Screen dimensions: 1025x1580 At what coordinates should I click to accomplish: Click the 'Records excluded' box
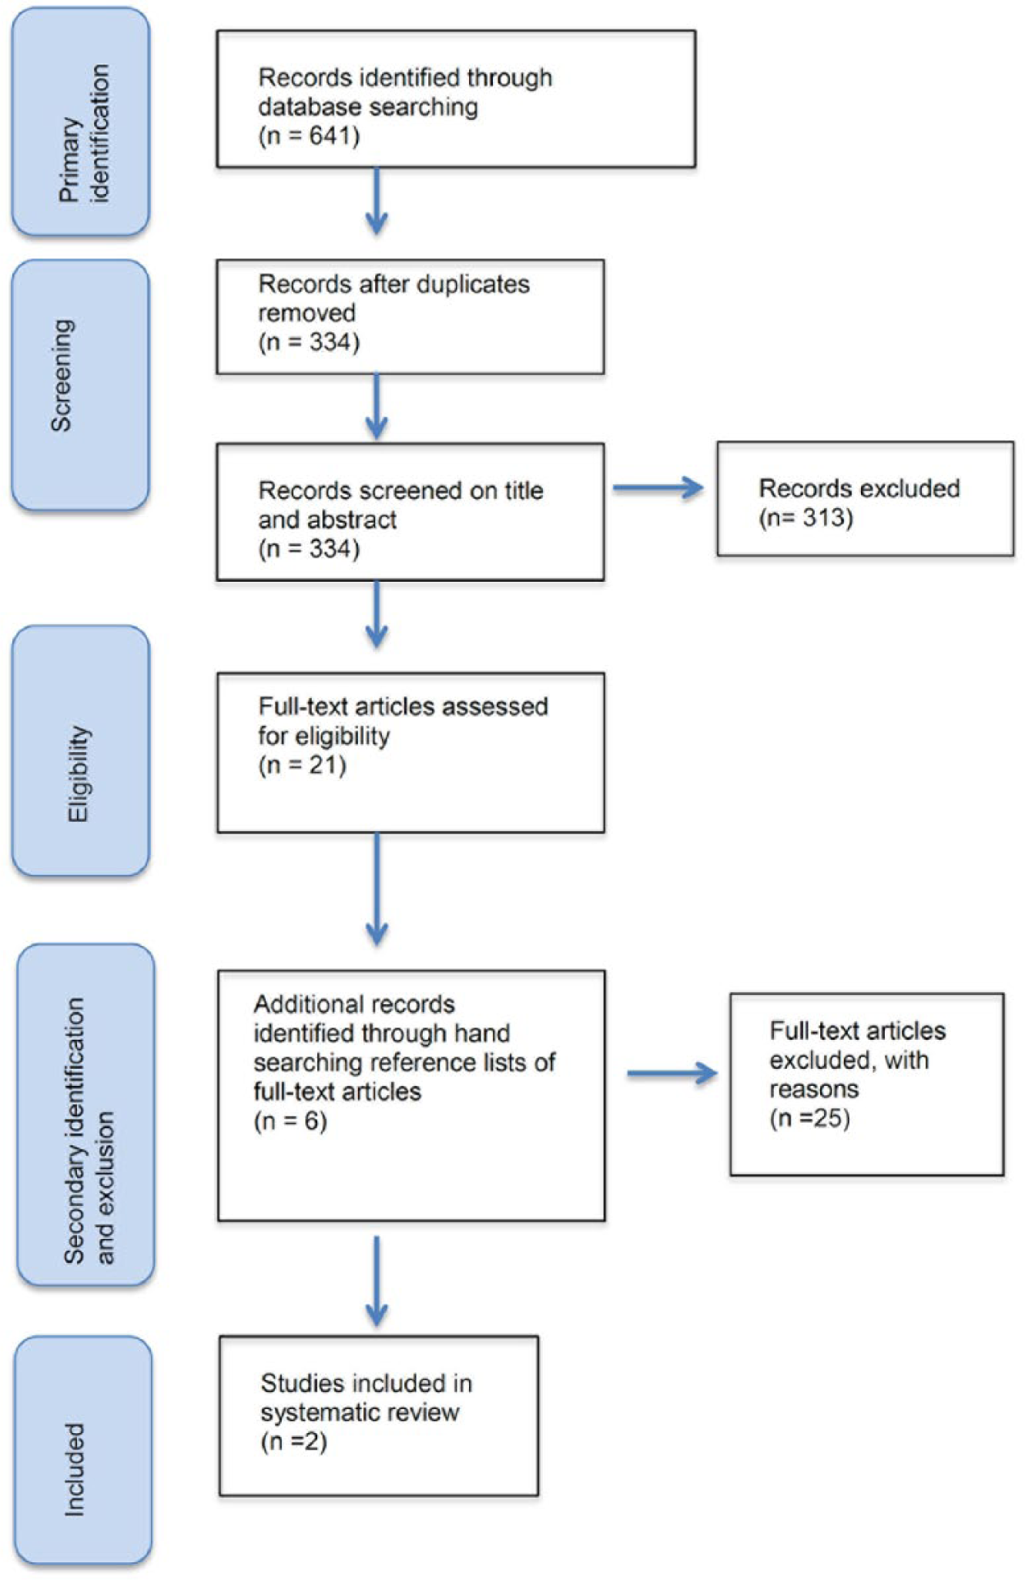(865, 499)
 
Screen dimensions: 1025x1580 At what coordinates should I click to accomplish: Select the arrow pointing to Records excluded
(658, 488)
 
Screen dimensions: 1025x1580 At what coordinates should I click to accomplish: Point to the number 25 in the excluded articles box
(826, 1118)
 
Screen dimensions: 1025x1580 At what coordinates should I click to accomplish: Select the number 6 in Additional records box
(311, 1121)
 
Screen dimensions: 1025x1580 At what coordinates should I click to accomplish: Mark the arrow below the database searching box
(377, 201)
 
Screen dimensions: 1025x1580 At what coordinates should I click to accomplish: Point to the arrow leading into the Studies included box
(377, 1281)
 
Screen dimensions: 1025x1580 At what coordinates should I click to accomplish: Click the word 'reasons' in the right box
(814, 1090)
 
